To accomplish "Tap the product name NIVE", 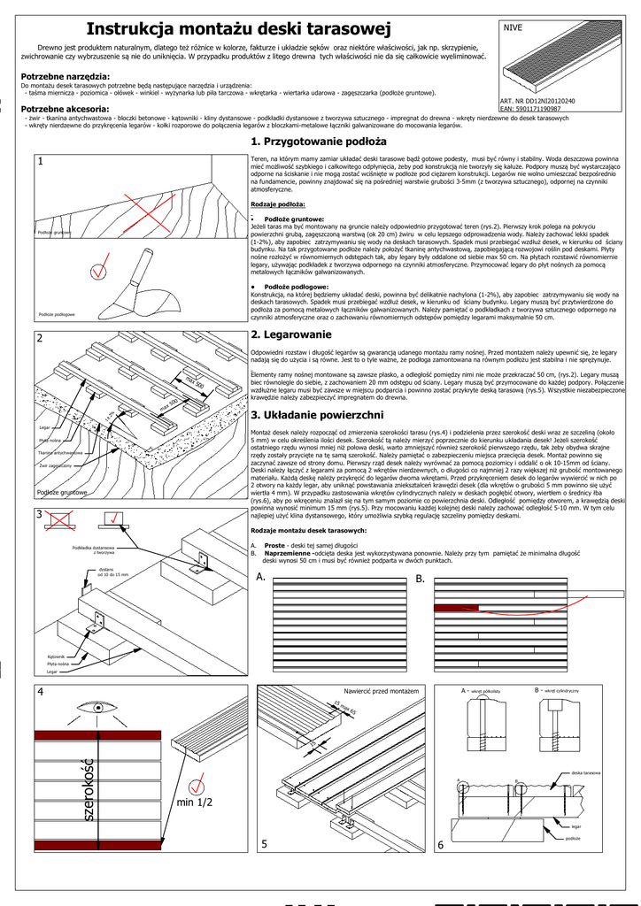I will pyautogui.click(x=513, y=28).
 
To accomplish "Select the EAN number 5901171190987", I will pyautogui.click(x=530, y=109).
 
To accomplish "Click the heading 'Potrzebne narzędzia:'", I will pyautogui.click(x=66, y=77).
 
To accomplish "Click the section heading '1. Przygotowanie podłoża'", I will pyautogui.click(x=319, y=142).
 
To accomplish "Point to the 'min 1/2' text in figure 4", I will pyautogui.click(x=195, y=802).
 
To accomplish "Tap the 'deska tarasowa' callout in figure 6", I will pyautogui.click(x=587, y=772).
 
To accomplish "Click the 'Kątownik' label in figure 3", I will pyautogui.click(x=57, y=656).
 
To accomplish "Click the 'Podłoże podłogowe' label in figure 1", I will pyautogui.click(x=57, y=313).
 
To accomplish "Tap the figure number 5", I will pyautogui.click(x=264, y=844).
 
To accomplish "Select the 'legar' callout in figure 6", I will pyautogui.click(x=576, y=825).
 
